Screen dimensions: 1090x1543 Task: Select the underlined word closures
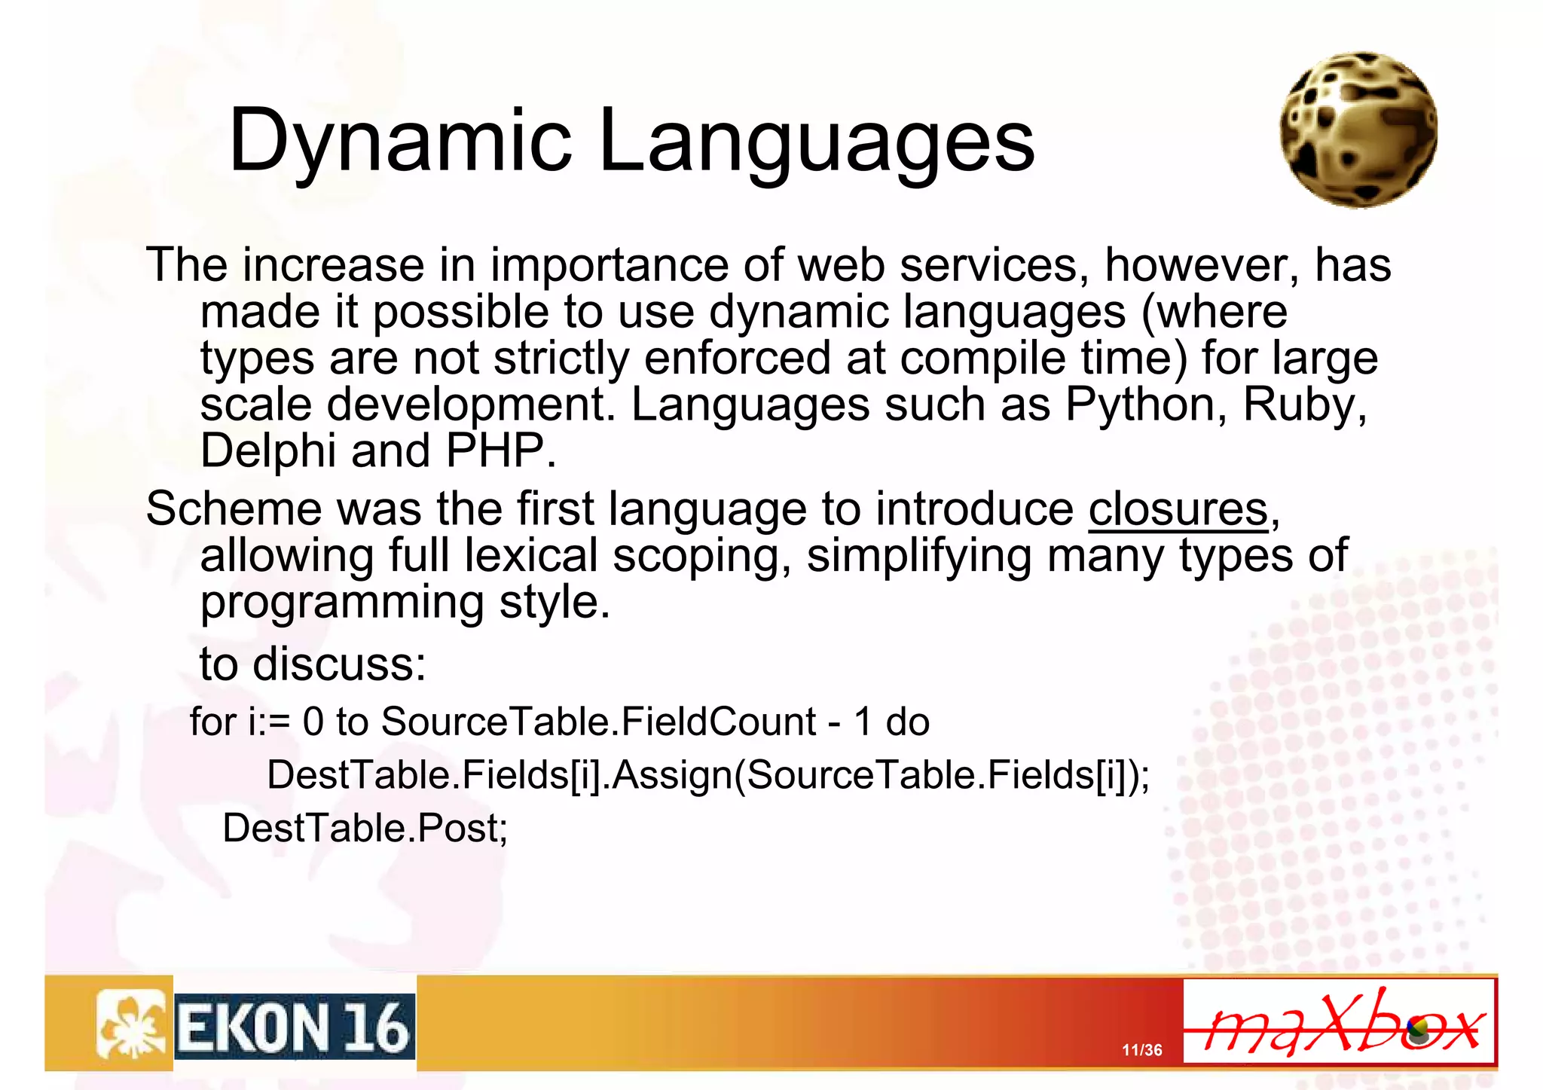(1178, 509)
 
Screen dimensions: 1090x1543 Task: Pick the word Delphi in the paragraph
(267, 450)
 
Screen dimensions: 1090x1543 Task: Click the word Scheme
(234, 509)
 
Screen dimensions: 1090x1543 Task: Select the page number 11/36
(1141, 1050)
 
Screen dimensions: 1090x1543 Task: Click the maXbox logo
(1339, 1022)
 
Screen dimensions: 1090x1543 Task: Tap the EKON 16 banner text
(294, 1027)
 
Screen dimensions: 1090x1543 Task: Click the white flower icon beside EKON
(130, 1024)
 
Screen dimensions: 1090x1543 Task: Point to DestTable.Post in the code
(365, 828)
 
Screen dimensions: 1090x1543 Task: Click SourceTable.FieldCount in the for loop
(598, 722)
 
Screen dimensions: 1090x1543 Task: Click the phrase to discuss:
(313, 664)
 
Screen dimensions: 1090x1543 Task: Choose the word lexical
(530, 556)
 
